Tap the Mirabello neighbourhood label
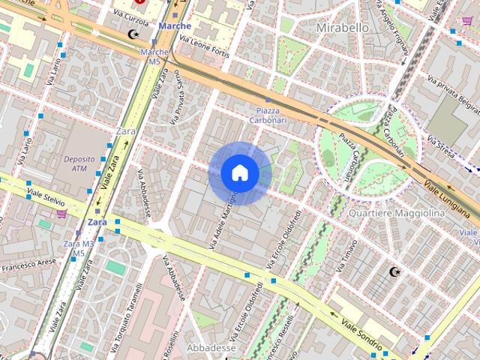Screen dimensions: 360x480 (343, 28)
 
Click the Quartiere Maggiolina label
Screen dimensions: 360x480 (397, 213)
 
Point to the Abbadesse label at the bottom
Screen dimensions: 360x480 (211, 348)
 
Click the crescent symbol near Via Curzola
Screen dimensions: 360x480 (135, 34)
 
